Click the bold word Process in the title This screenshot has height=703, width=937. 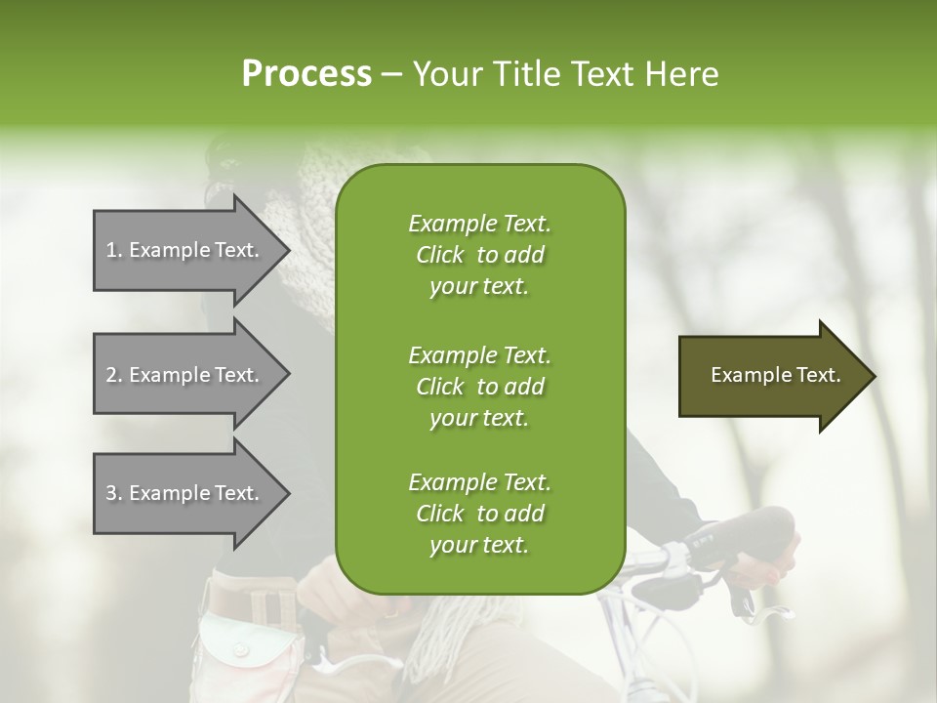point(306,74)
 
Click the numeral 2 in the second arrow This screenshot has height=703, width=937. point(111,375)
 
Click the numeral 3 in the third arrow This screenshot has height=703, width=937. point(111,493)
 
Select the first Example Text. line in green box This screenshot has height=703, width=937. point(479,224)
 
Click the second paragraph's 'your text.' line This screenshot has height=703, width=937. point(479,418)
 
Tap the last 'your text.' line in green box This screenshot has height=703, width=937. point(479,546)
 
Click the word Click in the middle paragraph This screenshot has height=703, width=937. point(440,387)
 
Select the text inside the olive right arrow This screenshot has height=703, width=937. point(775,375)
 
